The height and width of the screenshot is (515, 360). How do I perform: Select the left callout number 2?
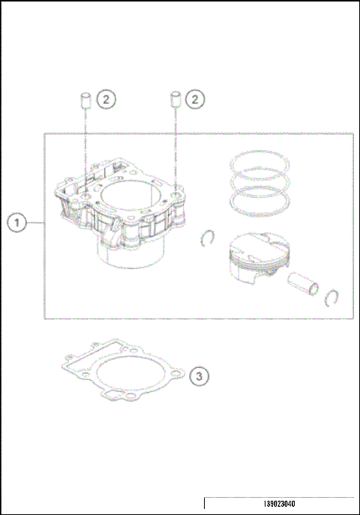[x=107, y=98]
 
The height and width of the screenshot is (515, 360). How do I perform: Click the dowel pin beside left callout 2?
[x=85, y=100]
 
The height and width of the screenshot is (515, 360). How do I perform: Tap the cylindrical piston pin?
[x=306, y=283]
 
